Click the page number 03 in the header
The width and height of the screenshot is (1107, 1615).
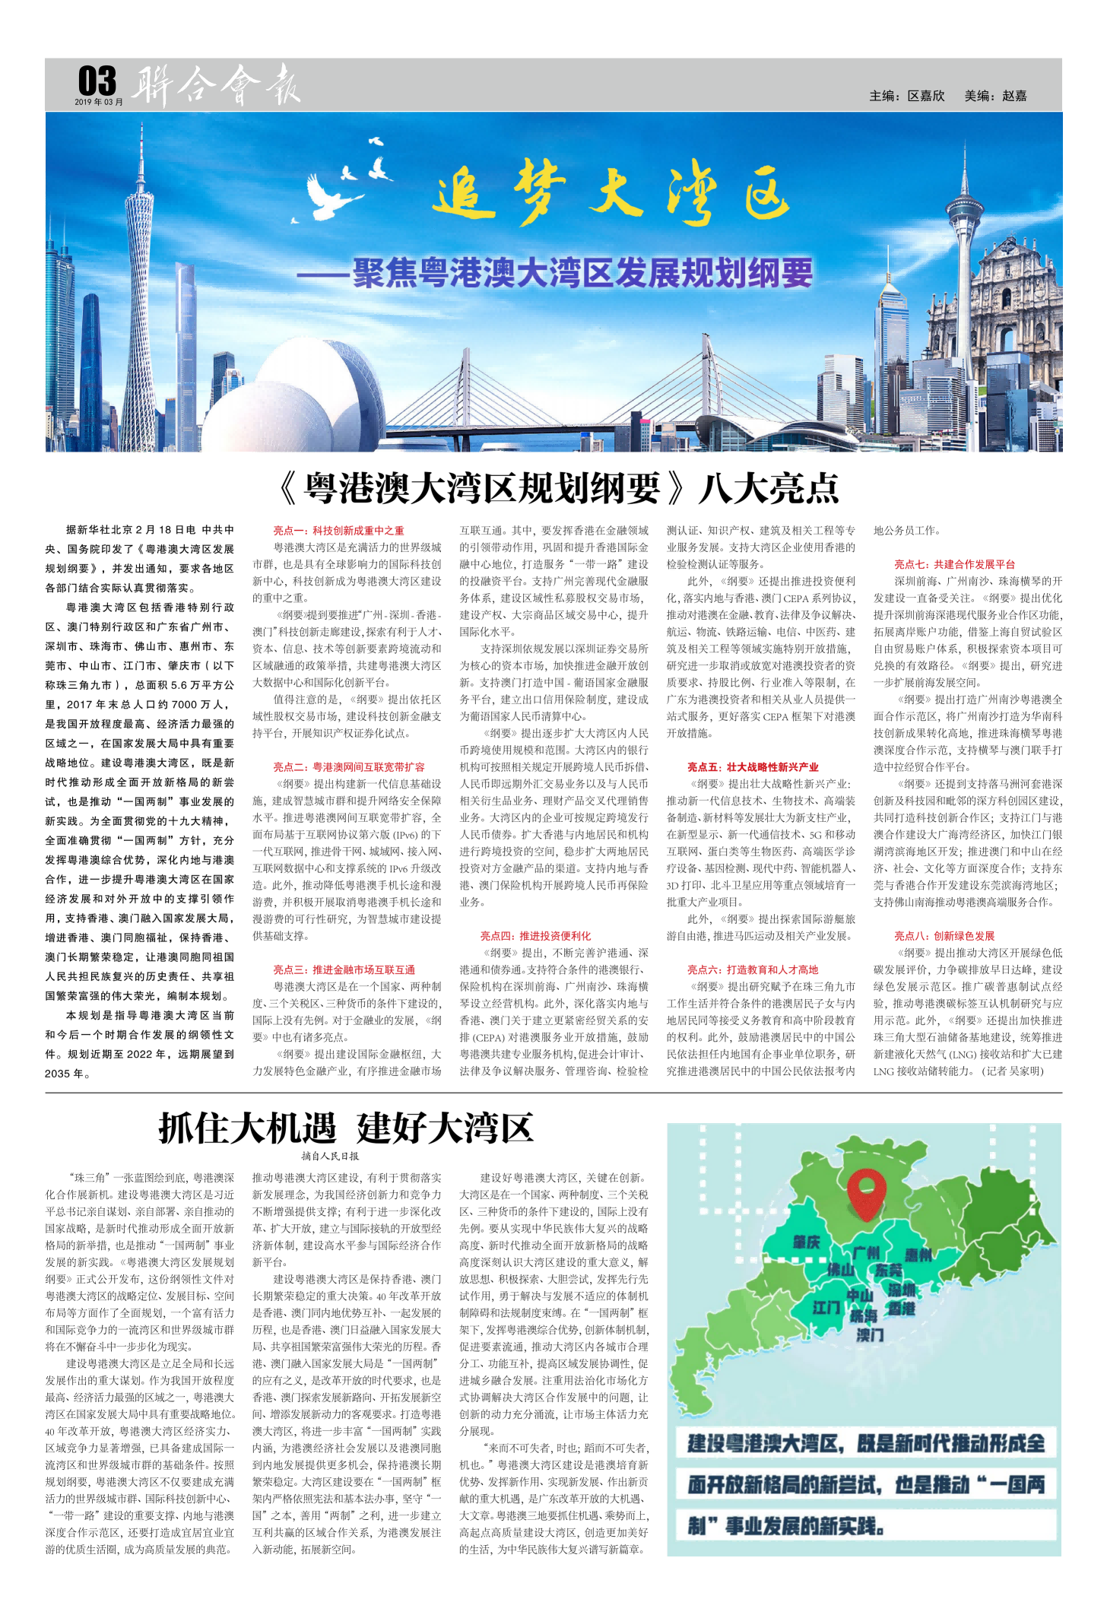pyautogui.click(x=97, y=81)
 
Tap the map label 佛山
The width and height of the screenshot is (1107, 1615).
pyautogui.click(x=840, y=1268)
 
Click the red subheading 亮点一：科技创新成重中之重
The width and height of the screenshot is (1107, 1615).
pyautogui.click(x=338, y=531)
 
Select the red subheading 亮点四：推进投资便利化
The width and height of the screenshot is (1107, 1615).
pyautogui.click(x=534, y=936)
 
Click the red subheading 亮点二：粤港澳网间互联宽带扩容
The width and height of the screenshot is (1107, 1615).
pyautogui.click(x=349, y=767)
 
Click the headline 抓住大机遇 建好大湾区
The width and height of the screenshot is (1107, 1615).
pyautogui.click(x=346, y=1128)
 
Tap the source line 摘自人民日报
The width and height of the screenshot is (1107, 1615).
pyautogui.click(x=330, y=1156)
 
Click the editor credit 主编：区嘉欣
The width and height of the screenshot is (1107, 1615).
pyautogui.click(x=907, y=96)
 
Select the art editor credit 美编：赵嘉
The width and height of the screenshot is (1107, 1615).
pyautogui.click(x=995, y=96)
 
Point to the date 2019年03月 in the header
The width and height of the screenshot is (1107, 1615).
pyautogui.click(x=98, y=102)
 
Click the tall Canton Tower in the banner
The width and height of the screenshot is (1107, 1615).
pyautogui.click(x=141, y=289)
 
